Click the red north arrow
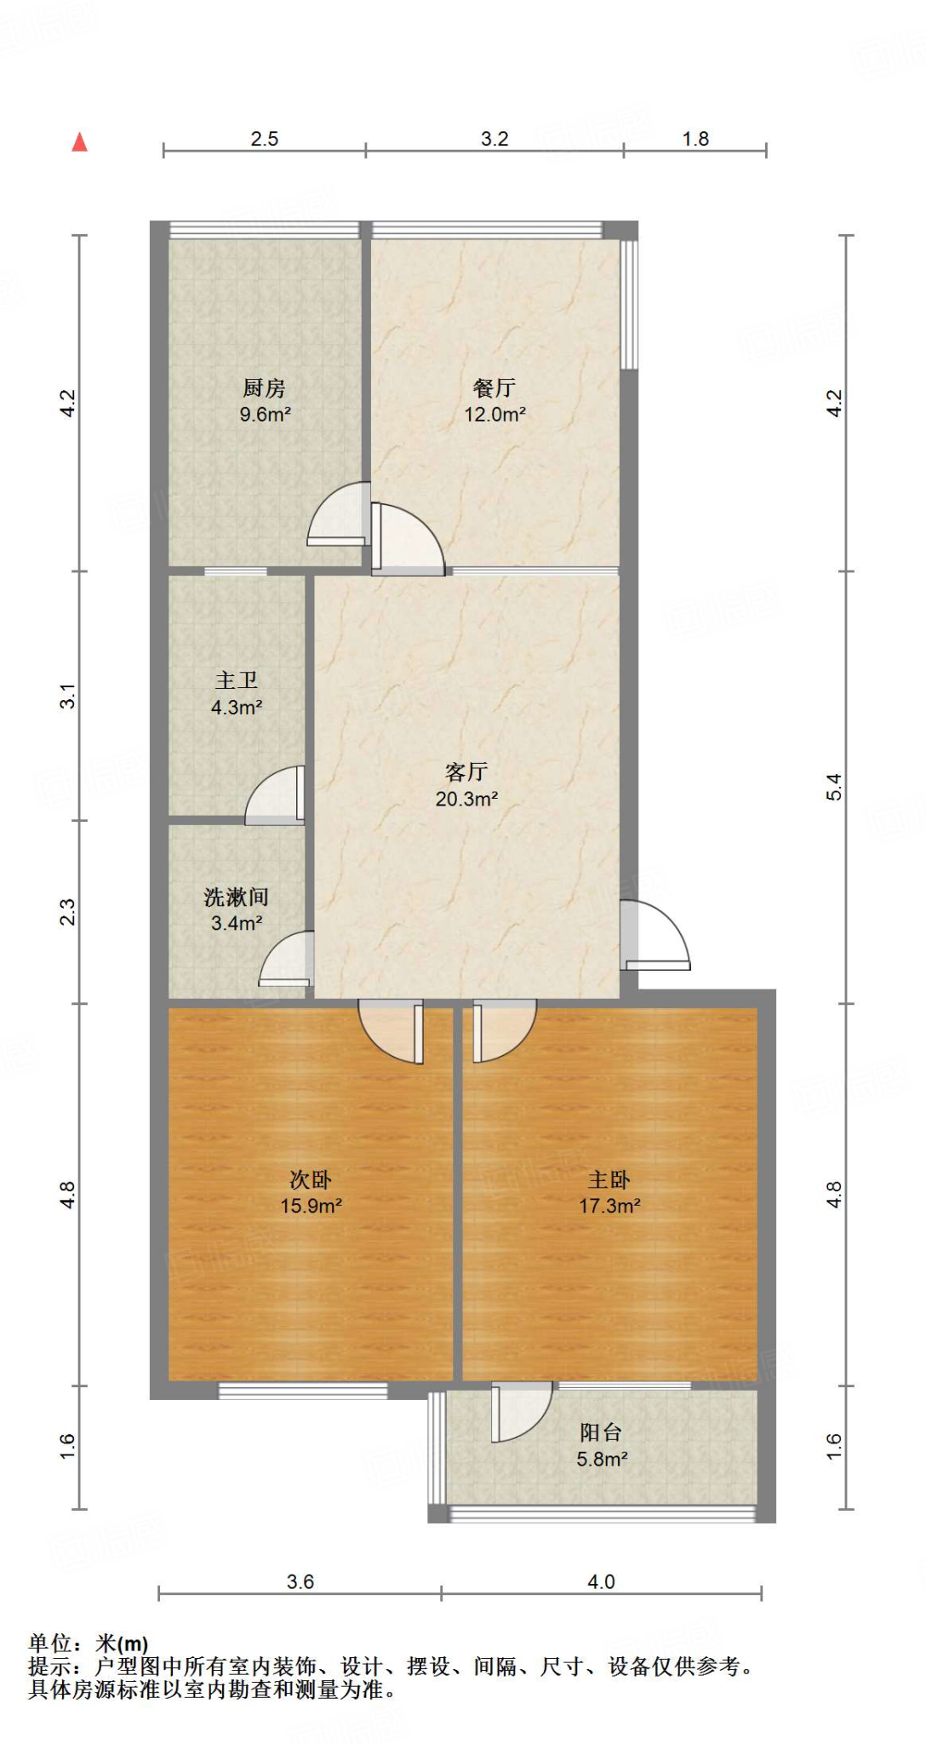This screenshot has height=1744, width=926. click(80, 141)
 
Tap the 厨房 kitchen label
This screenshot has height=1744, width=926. click(264, 388)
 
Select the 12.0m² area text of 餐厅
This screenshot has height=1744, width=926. click(494, 415)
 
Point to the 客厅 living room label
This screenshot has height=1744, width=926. click(466, 772)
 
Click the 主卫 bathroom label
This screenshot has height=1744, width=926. click(237, 680)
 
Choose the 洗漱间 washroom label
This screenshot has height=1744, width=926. click(237, 897)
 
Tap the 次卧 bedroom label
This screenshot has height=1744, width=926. click(311, 1179)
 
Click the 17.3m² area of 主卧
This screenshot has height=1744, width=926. click(609, 1206)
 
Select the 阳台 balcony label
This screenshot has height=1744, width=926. click(601, 1432)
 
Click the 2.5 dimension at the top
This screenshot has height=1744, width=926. click(265, 139)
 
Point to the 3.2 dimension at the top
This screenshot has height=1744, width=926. click(494, 139)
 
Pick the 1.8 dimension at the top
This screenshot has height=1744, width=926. click(695, 139)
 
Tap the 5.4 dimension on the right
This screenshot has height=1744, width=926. click(834, 786)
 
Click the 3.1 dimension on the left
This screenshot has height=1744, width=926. click(68, 696)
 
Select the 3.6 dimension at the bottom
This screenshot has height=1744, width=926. click(300, 1581)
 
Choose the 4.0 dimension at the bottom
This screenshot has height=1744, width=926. click(601, 1581)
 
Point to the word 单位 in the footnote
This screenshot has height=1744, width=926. click(50, 1643)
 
